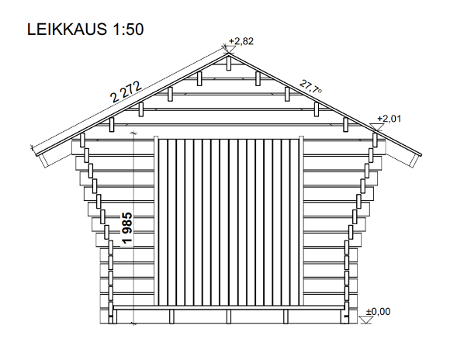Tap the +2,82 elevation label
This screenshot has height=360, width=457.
pyautogui.click(x=242, y=41)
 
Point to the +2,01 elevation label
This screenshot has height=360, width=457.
pyautogui.click(x=388, y=118)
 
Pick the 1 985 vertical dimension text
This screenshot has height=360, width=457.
pyautogui.click(x=127, y=229)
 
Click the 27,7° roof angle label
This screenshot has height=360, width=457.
pyautogui.click(x=310, y=87)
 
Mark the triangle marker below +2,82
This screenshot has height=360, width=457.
pyautogui.click(x=229, y=49)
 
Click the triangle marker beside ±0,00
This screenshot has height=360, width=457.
pyautogui.click(x=369, y=319)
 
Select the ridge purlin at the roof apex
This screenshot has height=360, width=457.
pyautogui.click(x=227, y=63)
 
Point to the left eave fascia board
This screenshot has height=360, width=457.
pyautogui.click(x=43, y=158)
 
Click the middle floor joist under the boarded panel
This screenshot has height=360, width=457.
pyautogui.click(x=228, y=316)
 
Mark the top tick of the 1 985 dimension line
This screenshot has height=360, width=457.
pyautogui.click(x=134, y=134)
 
